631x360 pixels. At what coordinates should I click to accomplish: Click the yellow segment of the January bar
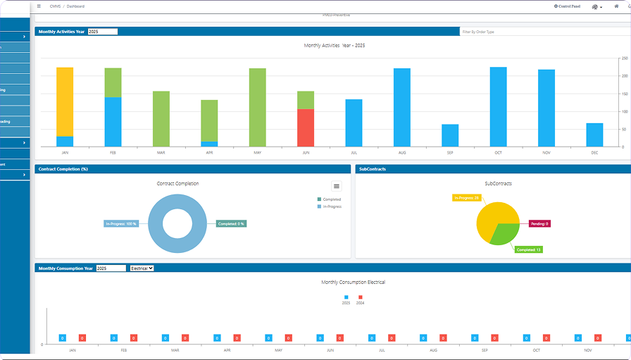tap(65, 101)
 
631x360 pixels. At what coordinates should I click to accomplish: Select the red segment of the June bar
tap(306, 128)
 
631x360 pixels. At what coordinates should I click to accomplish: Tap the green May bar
tap(258, 107)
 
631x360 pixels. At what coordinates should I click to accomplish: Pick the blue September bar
tap(450, 135)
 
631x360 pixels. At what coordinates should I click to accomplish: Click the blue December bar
tap(594, 135)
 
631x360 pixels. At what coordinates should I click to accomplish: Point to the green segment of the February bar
tap(113, 82)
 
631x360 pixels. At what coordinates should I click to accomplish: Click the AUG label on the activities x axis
tap(402, 152)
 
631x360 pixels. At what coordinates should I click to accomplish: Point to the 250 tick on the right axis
tap(625, 58)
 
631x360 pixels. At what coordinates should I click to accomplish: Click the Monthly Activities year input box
tap(103, 32)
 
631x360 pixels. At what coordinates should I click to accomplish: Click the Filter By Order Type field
tap(542, 32)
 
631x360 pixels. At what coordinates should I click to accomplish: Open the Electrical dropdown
tap(142, 268)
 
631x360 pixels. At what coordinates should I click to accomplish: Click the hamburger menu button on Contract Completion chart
tap(337, 186)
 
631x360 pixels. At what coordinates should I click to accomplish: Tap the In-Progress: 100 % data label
tap(121, 223)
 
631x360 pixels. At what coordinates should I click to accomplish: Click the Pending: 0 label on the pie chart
tap(539, 223)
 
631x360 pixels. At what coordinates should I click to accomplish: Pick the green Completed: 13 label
tap(529, 249)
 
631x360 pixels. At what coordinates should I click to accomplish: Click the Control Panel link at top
tap(567, 6)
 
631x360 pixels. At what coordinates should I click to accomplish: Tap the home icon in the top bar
tap(616, 6)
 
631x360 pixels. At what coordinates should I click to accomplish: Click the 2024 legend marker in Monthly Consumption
tap(360, 297)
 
